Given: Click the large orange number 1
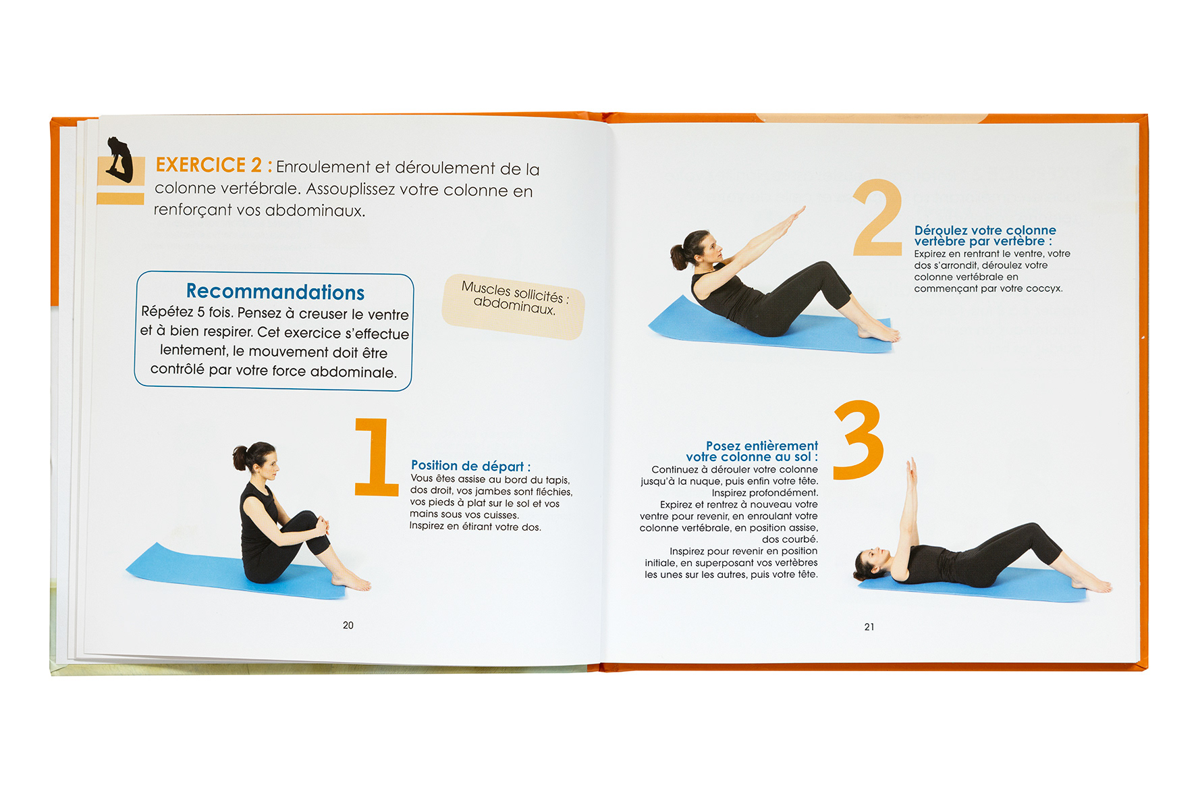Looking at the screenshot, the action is pyautogui.click(x=376, y=457).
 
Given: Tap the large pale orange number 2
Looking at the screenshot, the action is pyautogui.click(x=877, y=217).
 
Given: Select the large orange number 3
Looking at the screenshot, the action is pyautogui.click(x=859, y=440).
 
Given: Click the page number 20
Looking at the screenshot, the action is pyautogui.click(x=348, y=625).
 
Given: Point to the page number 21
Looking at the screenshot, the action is pyautogui.click(x=869, y=627).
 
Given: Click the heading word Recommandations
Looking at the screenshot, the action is pyautogui.click(x=275, y=292).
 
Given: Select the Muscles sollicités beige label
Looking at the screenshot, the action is pyautogui.click(x=514, y=306).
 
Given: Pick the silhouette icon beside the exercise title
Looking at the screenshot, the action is pyautogui.click(x=120, y=161).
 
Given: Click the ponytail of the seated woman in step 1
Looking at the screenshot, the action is pyautogui.click(x=240, y=457).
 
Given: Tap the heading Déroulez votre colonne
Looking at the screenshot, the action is pyautogui.click(x=985, y=230).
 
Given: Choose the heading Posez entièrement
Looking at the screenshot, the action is pyautogui.click(x=761, y=446).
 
